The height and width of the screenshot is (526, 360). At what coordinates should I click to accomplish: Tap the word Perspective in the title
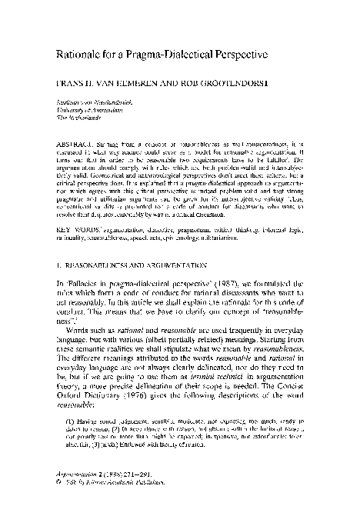coord(235,56)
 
